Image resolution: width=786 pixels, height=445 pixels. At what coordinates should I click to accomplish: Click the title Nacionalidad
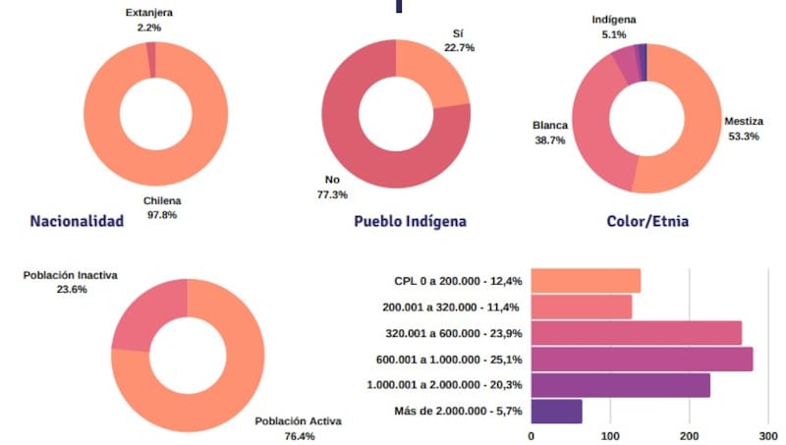[77, 221]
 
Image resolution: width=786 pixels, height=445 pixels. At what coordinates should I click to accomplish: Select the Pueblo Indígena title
[410, 221]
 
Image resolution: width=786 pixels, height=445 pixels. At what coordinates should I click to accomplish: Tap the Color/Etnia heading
[647, 221]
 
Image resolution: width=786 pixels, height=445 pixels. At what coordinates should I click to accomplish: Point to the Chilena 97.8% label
[162, 207]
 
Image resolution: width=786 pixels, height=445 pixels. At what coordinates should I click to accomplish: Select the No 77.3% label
[332, 187]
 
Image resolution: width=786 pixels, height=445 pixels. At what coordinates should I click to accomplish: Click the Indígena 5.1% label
[614, 26]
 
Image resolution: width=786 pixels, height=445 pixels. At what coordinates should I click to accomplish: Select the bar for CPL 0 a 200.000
[586, 281]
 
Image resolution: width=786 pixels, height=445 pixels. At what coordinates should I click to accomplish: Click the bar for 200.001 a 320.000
[581, 306]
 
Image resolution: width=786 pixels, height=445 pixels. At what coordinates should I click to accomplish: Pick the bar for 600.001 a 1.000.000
[642, 359]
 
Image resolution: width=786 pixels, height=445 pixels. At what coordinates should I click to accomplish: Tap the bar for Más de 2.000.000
[556, 411]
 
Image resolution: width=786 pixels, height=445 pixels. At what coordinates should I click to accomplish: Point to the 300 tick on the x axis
[768, 433]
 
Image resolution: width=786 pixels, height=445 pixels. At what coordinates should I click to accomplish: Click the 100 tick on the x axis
[610, 433]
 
